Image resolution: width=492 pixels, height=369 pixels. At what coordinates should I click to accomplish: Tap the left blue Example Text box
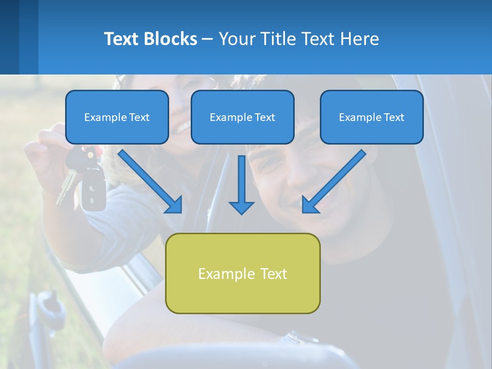click(117, 117)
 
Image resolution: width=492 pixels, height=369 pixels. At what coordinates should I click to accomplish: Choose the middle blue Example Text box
click(242, 117)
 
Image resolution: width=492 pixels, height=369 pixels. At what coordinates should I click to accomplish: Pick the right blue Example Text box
click(372, 117)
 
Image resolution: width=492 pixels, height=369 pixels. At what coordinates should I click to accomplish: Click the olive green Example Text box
click(242, 273)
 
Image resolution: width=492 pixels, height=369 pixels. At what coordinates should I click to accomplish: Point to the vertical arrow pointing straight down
click(241, 184)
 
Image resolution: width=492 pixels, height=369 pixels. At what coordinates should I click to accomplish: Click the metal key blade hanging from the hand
click(66, 187)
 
